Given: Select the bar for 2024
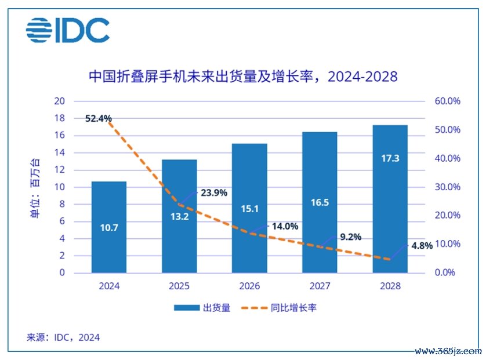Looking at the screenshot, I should click(108, 227).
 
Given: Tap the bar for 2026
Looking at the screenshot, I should click(249, 208).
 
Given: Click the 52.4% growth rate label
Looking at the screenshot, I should click(98, 118).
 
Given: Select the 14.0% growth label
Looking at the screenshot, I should click(284, 227).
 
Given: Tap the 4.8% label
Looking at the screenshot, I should click(422, 245).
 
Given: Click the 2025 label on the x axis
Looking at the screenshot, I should click(179, 286).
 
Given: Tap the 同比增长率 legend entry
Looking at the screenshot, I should click(284, 308).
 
